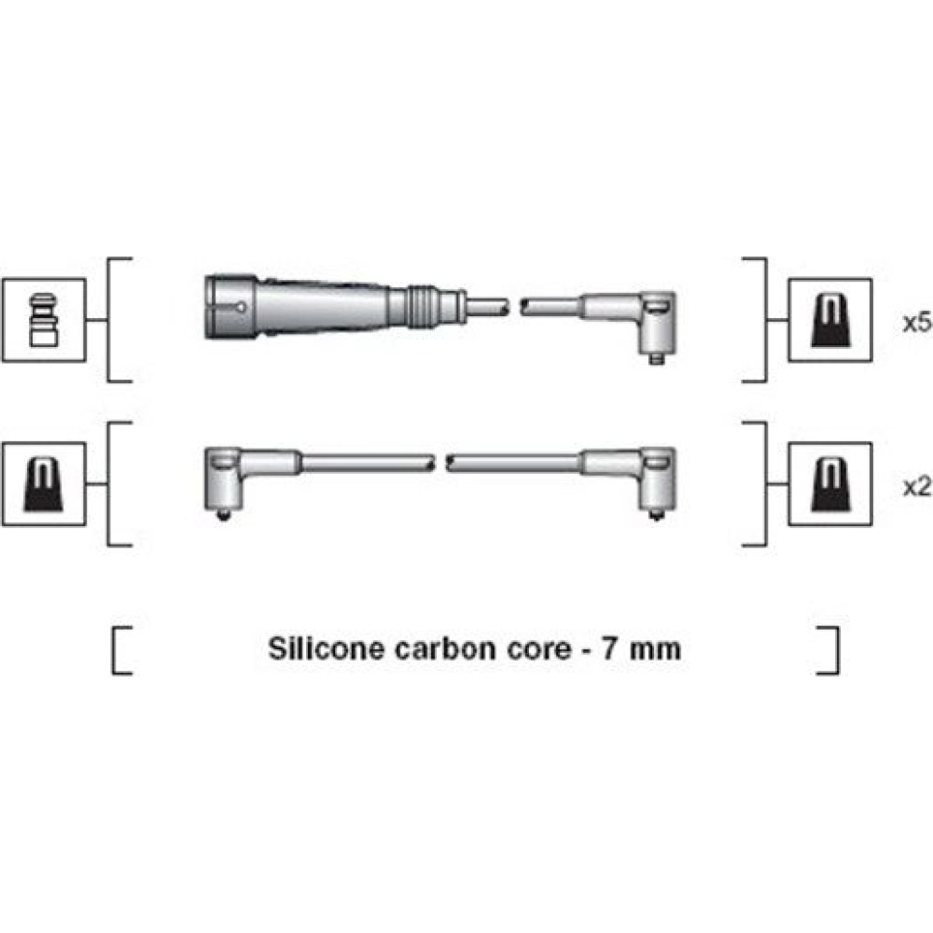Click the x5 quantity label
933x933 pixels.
point(917,323)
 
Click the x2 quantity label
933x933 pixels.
point(917,487)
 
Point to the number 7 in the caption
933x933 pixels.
point(609,648)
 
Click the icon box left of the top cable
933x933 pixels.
point(44,320)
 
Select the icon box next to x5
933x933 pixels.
point(830,320)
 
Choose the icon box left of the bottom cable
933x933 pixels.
point(44,484)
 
